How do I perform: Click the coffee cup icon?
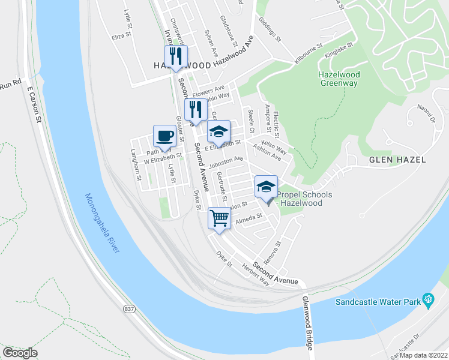(164, 136)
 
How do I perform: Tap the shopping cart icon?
(219, 218)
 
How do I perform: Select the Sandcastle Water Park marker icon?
(428, 299)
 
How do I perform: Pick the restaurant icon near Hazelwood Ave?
(176, 56)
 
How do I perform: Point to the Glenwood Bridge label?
(308, 323)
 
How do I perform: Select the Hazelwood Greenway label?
(339, 78)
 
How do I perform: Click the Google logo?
(20, 353)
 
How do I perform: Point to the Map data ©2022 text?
(424, 355)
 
